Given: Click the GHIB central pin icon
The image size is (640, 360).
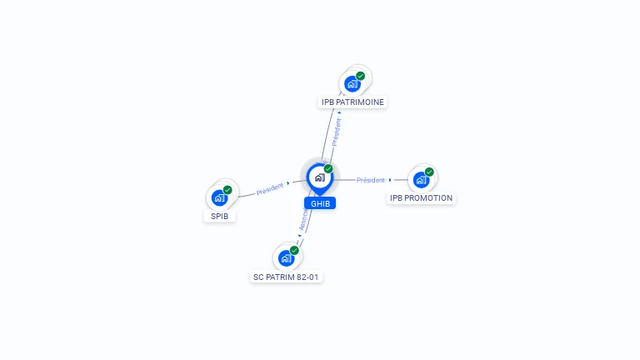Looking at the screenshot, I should (318, 177).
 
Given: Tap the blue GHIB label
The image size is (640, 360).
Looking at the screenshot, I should (320, 203).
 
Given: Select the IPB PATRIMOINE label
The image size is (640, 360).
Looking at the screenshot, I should (353, 102).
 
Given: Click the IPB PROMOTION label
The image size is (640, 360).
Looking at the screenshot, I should (422, 198).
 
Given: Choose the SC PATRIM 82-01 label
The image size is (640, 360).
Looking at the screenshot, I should (287, 277).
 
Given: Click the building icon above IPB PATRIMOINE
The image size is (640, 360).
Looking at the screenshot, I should (352, 84).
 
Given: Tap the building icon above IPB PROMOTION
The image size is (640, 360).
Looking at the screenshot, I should (421, 179).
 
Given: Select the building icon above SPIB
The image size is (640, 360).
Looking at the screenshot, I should (219, 198).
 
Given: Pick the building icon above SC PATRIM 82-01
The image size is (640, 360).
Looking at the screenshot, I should (286, 257).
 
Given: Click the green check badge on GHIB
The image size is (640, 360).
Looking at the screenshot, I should (328, 168).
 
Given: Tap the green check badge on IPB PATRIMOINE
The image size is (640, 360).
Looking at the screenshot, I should (361, 76).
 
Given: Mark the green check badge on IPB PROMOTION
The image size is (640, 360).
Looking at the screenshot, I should (429, 171).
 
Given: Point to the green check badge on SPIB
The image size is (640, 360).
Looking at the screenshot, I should (227, 190).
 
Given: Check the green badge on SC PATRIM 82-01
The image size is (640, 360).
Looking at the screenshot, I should (294, 250).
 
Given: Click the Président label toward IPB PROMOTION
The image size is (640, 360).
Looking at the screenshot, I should (371, 180).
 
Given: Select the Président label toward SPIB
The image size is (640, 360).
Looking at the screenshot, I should (270, 188).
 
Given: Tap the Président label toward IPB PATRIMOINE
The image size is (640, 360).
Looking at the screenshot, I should (336, 132).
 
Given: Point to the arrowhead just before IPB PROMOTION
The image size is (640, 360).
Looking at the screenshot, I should (390, 180).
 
